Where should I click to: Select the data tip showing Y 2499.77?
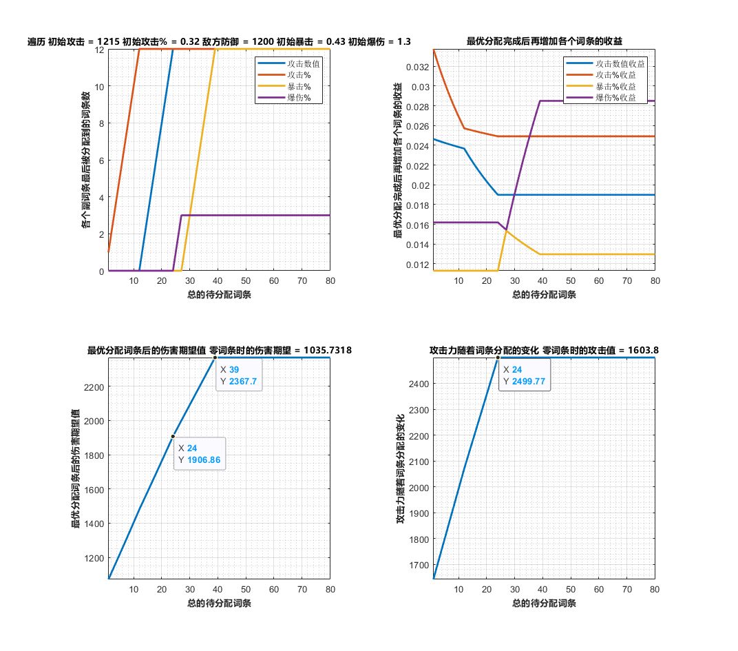tap(524, 375)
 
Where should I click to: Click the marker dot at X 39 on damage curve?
tap(215, 358)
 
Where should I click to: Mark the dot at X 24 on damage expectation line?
tap(173, 436)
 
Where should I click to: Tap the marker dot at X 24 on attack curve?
tap(498, 358)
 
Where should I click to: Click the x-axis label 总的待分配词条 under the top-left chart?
tap(218, 294)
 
